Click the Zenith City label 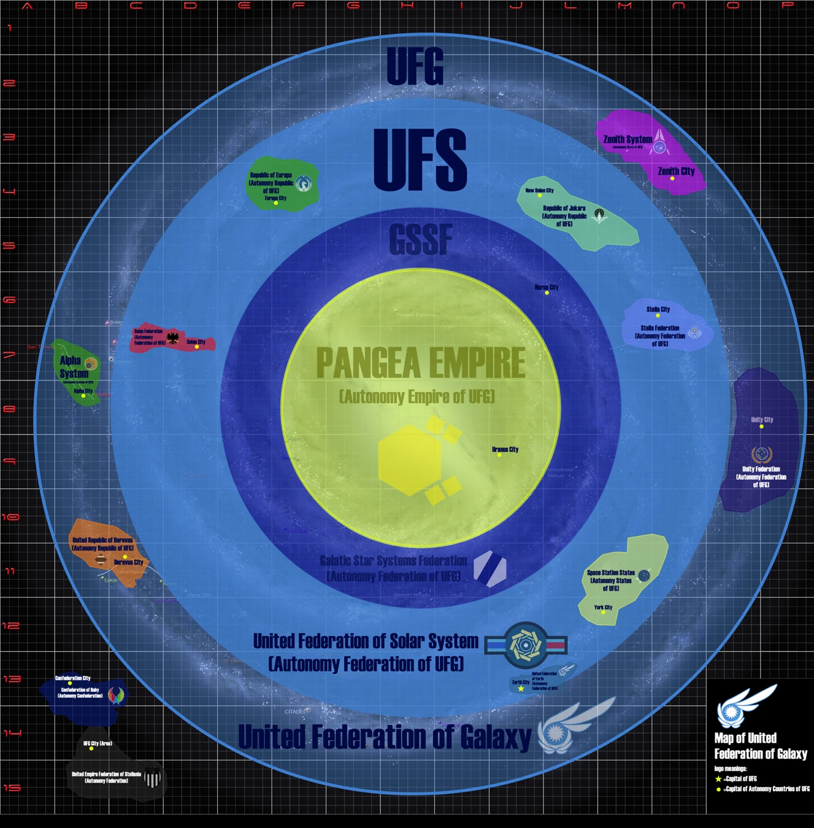pyautogui.click(x=676, y=171)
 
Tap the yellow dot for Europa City pyautogui.click(x=275, y=203)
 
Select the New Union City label pyautogui.click(x=539, y=190)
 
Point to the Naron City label pyautogui.click(x=546, y=287)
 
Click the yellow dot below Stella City pyautogui.click(x=658, y=316)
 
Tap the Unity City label pyautogui.click(x=762, y=420)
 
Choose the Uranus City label pyautogui.click(x=505, y=450)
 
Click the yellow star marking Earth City pyautogui.click(x=521, y=689)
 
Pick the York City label pyautogui.click(x=603, y=607)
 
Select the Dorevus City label pyautogui.click(x=128, y=562)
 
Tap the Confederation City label pyautogui.click(x=72, y=678)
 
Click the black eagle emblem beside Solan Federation pyautogui.click(x=173, y=339)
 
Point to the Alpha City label pyautogui.click(x=83, y=391)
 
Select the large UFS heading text pyautogui.click(x=420, y=159)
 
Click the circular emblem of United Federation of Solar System pyautogui.click(x=526, y=645)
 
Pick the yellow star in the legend pyautogui.click(x=718, y=779)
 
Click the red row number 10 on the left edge pyautogui.click(x=10, y=517)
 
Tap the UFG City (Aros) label pyautogui.click(x=98, y=743)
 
